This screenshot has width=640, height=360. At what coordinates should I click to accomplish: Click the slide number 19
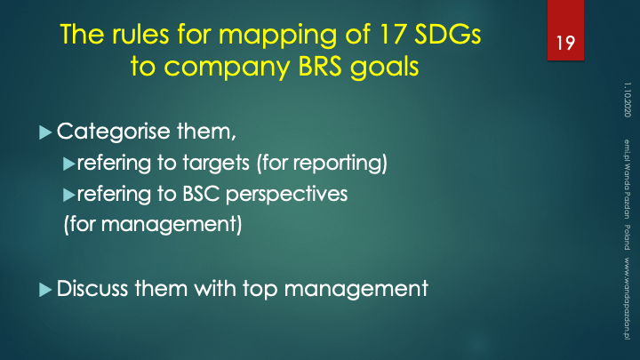pos(565,44)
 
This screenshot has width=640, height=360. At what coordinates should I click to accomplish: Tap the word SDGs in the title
pos(448,35)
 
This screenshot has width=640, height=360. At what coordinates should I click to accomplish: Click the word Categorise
pos(114,132)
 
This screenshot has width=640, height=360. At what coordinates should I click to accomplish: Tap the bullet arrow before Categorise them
pos(45,132)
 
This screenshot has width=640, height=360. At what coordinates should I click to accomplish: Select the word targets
pos(216,164)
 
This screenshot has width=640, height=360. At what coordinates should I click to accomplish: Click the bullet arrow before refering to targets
pos(69,164)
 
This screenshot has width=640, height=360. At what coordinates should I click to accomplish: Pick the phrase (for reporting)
pos(322,164)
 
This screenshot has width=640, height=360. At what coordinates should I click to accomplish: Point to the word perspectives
pos(286,195)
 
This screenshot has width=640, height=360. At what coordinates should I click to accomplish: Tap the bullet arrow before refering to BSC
pos(69,195)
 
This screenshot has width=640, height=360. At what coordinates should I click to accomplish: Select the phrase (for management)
pos(153,225)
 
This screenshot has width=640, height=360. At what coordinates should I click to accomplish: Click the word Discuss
pos(92,289)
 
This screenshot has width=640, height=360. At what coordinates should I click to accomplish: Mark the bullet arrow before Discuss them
pos(45,290)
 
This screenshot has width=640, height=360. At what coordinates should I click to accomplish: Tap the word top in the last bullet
pos(260,290)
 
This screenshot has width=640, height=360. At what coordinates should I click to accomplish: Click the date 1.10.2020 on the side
pos(628,100)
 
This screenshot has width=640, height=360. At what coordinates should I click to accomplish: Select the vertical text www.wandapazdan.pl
pos(628,299)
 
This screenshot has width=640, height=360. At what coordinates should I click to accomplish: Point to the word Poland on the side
pos(628,237)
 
